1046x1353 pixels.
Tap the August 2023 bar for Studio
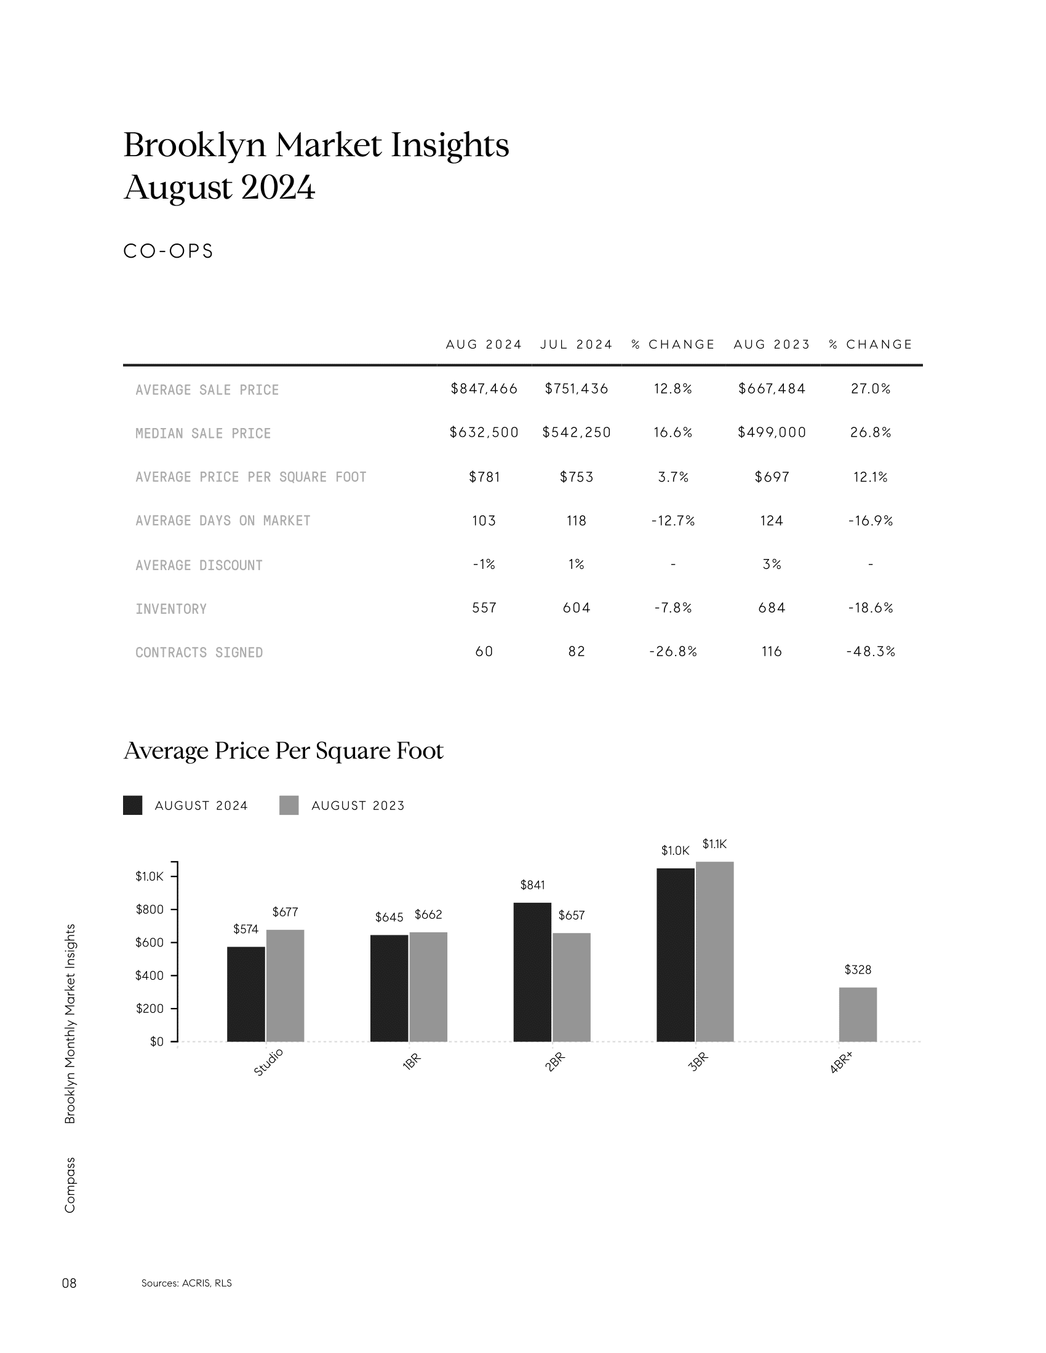(x=285, y=986)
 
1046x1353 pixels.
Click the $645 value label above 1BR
(x=389, y=917)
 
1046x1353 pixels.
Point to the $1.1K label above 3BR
(x=714, y=844)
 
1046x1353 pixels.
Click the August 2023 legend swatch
(x=289, y=806)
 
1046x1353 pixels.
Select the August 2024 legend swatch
(x=133, y=806)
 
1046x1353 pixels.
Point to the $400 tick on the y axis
(x=150, y=976)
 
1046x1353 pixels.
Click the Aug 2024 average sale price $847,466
(x=484, y=389)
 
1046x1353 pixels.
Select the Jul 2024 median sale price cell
(x=577, y=432)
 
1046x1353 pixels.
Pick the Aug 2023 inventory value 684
(x=772, y=608)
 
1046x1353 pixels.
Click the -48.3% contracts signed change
(x=871, y=652)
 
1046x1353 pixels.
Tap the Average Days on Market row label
(x=223, y=521)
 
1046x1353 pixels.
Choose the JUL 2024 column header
(x=577, y=344)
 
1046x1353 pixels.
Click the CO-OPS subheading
(x=169, y=251)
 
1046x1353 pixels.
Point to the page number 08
(x=70, y=1283)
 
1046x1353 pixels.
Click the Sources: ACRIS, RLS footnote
(x=186, y=1283)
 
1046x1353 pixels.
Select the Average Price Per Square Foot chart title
(x=284, y=751)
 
